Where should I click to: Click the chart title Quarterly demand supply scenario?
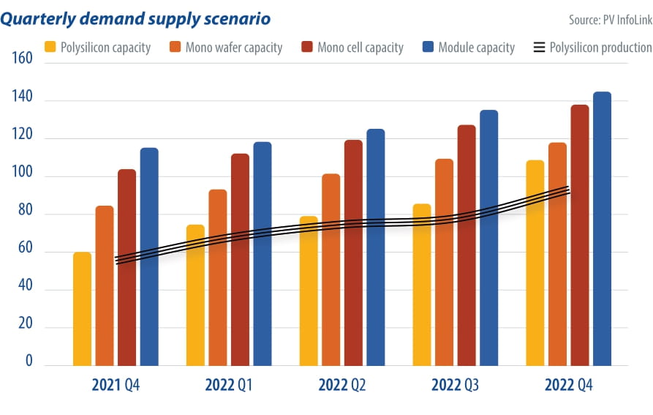coord(135,18)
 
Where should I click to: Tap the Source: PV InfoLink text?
coord(610,19)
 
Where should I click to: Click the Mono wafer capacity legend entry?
coord(226,48)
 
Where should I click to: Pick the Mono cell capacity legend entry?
coord(352,48)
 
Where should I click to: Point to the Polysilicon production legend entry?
coord(592,48)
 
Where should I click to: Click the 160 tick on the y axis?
coord(23,58)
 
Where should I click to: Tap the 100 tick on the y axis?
coord(23,176)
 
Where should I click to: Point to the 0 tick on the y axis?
coord(29,362)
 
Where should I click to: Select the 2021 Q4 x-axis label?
coord(116,386)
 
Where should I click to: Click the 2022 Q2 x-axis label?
coord(342,386)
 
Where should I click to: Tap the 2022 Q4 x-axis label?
coord(568,386)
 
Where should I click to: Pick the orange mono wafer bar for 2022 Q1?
coord(218,277)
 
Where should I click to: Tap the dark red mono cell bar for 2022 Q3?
coord(467,245)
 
